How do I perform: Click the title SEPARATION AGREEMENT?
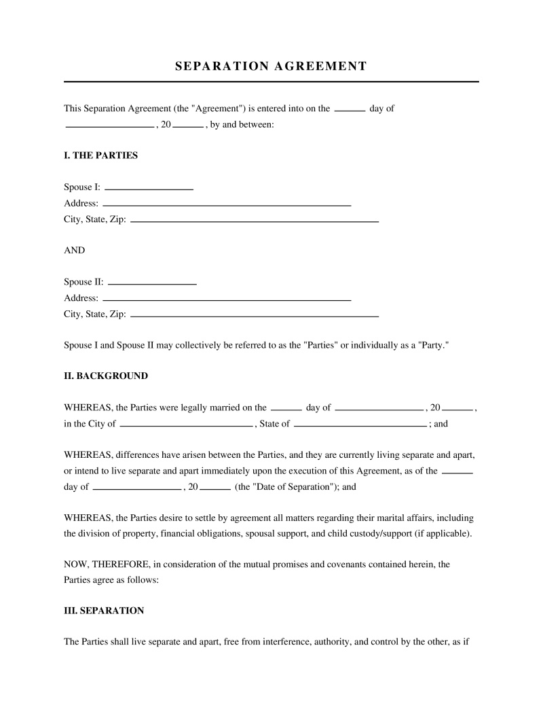pos(271,66)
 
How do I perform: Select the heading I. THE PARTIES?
pos(100,156)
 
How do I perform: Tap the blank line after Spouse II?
pos(152,281)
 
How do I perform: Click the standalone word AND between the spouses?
pos(75,250)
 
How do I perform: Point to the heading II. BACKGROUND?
pos(106,376)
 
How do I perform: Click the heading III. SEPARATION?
pos(104,611)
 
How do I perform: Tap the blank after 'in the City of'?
pos(185,424)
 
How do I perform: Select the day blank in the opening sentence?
pos(350,108)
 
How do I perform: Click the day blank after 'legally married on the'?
pos(286,408)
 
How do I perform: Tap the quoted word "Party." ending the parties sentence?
pos(434,345)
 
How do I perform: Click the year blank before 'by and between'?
pos(189,125)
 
